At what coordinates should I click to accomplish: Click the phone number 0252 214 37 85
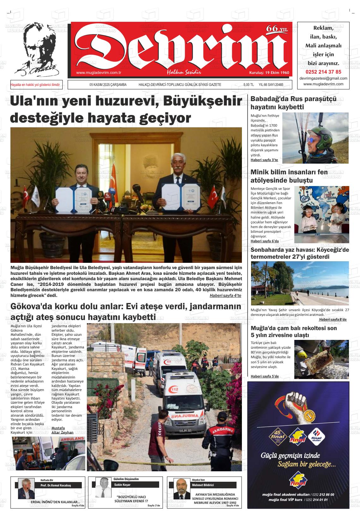[x=323, y=72]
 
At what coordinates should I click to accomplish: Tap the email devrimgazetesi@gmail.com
[x=323, y=78]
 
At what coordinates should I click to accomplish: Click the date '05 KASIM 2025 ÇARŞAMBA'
[x=108, y=85]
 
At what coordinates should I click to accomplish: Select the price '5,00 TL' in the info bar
[x=249, y=85]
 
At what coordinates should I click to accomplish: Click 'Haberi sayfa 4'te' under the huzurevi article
[x=225, y=295]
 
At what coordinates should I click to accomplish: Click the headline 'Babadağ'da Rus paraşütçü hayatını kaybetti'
[x=293, y=103]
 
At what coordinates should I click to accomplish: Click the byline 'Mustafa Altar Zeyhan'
[x=62, y=430]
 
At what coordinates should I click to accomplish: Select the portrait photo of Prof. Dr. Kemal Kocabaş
[x=27, y=489]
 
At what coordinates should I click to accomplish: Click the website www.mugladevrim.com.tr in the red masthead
[x=99, y=73]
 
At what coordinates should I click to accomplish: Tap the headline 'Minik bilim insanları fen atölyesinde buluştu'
[x=289, y=176]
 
